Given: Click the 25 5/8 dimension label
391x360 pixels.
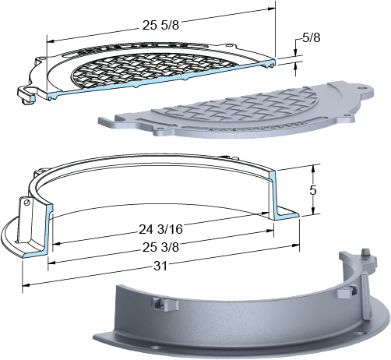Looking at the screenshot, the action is (x=160, y=26).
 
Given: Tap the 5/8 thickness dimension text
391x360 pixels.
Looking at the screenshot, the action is (x=312, y=38).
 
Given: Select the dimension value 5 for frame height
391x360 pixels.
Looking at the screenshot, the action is (x=313, y=191).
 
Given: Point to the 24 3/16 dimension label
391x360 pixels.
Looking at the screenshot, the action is (x=160, y=229).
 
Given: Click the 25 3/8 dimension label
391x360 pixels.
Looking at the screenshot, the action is (x=160, y=247).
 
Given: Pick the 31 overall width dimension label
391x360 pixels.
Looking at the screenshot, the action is (x=160, y=266).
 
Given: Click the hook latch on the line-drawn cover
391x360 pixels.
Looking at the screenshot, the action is (x=26, y=94).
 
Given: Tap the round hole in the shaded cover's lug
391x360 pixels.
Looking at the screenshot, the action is (x=361, y=88).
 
